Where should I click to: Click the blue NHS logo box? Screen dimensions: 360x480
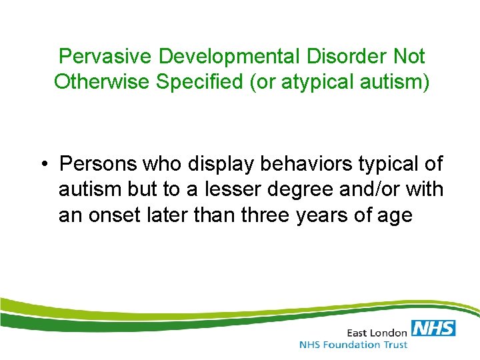(x=433, y=328)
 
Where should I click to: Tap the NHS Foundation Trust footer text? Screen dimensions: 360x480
(x=353, y=345)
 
